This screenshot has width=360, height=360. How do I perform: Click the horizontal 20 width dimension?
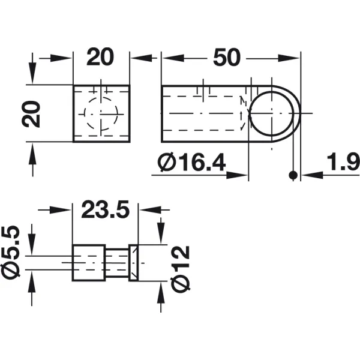pyautogui.click(x=100, y=57)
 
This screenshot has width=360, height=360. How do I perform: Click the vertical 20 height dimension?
pyautogui.click(x=31, y=114)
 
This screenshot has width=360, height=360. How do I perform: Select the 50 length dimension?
pyautogui.click(x=227, y=57)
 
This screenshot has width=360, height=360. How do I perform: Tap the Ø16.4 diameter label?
pyautogui.click(x=192, y=163)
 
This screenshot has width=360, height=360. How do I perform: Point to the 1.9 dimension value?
pyautogui.click(x=343, y=163)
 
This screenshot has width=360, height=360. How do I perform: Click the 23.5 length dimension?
pyautogui.click(x=106, y=209)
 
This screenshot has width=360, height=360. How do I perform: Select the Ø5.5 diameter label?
pyautogui.click(x=11, y=253)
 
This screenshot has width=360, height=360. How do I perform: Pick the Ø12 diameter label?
pyautogui.click(x=181, y=269)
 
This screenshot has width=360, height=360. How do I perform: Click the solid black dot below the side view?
pyautogui.click(x=293, y=175)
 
